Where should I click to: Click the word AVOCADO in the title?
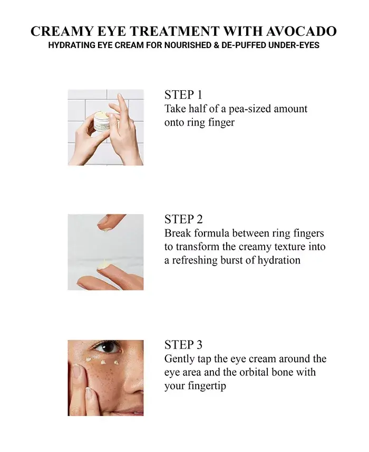[x=301, y=31]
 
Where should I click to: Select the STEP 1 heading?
[x=183, y=95]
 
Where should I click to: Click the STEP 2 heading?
[x=183, y=219]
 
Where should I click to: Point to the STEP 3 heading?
[x=183, y=345]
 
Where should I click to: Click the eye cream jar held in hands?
[x=102, y=122]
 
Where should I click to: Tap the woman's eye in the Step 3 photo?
[x=108, y=347]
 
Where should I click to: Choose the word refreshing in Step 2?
[x=195, y=260]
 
